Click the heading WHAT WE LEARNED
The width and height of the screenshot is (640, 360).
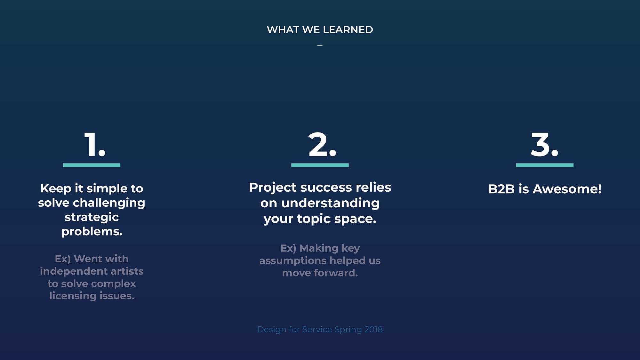tap(320, 30)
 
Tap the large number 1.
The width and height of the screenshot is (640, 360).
tap(94, 145)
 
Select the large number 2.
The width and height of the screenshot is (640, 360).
tap(322, 145)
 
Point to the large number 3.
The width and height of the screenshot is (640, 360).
tap(544, 145)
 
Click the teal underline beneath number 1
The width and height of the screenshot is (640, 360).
tap(92, 165)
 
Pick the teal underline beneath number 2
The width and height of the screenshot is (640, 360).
tap(320, 165)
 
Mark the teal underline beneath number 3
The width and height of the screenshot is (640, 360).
tap(545, 165)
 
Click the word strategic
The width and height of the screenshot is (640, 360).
tap(92, 217)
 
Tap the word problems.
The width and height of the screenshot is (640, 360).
tap(92, 231)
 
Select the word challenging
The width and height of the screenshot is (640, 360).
tap(109, 203)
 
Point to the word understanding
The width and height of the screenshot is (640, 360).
tap(330, 203)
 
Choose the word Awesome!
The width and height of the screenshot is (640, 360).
tap(567, 189)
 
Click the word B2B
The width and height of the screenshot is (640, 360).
tap(501, 189)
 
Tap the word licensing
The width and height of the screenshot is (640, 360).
tap(73, 296)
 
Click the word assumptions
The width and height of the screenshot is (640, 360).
tap(293, 260)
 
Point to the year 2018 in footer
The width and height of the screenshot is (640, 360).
tap(373, 329)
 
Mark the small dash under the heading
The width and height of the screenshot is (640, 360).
tap(320, 46)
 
